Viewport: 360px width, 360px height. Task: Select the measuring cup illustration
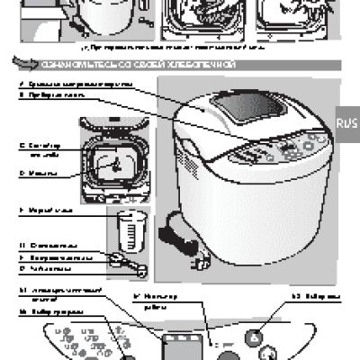coord(130,230)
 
